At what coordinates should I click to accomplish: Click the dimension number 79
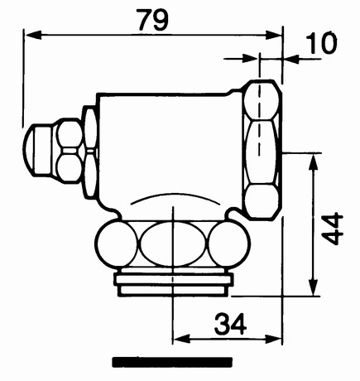[153, 20]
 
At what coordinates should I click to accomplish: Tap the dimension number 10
[321, 43]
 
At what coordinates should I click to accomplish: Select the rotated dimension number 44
[332, 229]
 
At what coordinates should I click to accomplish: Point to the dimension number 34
[230, 324]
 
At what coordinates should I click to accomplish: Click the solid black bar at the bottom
[172, 362]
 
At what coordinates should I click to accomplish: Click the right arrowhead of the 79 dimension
[274, 35]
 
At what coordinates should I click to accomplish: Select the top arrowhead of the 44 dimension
[313, 162]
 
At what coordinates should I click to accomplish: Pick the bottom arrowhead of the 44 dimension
[313, 287]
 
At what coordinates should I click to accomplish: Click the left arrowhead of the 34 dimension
[181, 339]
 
